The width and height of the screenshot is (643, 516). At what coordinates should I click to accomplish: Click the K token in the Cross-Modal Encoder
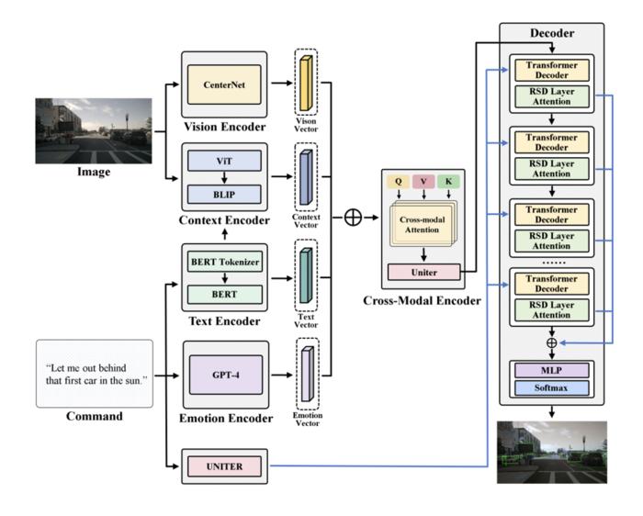click(x=447, y=182)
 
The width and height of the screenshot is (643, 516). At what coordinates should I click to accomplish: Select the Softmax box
click(x=551, y=387)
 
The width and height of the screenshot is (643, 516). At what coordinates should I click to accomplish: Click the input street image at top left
click(x=93, y=130)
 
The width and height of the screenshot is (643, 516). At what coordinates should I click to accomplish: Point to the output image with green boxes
click(x=551, y=452)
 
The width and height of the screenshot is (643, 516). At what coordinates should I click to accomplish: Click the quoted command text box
click(x=94, y=374)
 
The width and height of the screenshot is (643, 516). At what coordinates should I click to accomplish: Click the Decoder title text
click(x=551, y=33)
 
